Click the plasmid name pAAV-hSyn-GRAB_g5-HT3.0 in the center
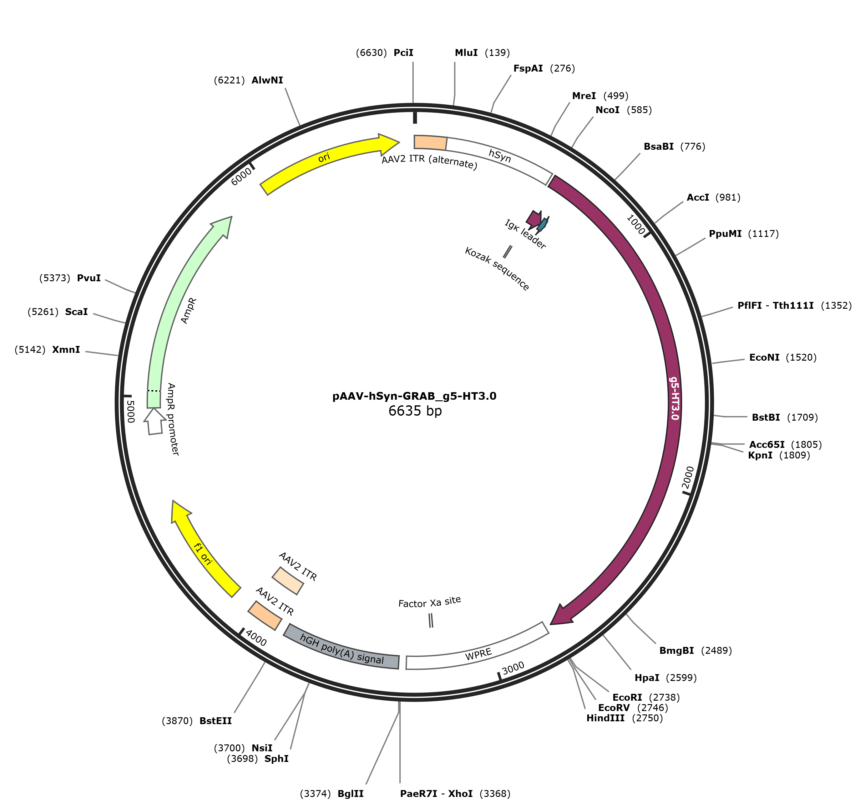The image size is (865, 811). [414, 396]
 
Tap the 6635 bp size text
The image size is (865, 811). [415, 411]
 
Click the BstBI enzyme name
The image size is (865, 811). [766, 418]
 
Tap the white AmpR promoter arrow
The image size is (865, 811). [155, 421]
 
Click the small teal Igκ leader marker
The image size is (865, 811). [542, 224]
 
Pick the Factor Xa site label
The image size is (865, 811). [429, 602]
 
